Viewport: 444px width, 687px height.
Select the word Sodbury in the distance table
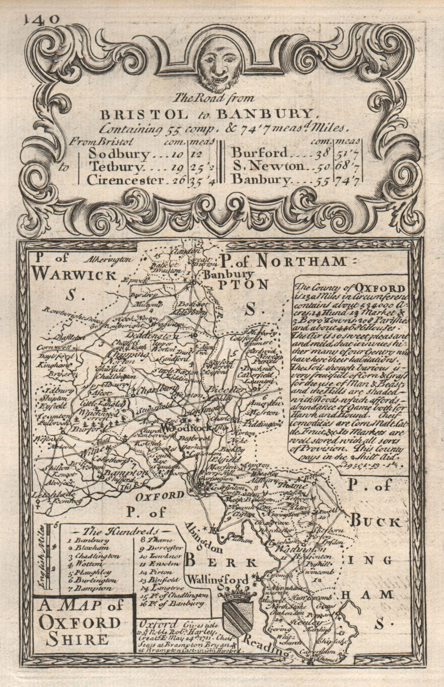tap(119, 154)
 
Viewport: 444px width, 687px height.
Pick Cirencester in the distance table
tap(126, 180)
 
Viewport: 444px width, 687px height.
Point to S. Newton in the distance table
tap(268, 167)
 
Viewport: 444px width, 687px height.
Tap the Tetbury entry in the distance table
tap(116, 167)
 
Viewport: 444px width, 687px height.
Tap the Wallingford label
tap(217, 580)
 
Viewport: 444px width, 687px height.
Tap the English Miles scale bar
tap(50, 557)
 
